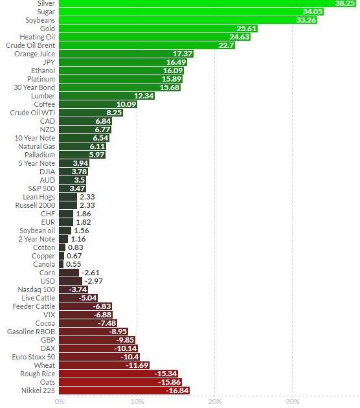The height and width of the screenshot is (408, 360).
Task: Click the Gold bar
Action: [149, 28]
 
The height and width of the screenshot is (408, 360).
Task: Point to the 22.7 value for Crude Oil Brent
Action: [226, 45]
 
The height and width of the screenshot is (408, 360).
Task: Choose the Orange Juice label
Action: [34, 54]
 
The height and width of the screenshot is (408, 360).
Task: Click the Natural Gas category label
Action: [36, 146]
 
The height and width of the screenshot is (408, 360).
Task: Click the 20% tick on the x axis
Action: [214, 402]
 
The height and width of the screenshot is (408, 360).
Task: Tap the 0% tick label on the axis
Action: [60, 402]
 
